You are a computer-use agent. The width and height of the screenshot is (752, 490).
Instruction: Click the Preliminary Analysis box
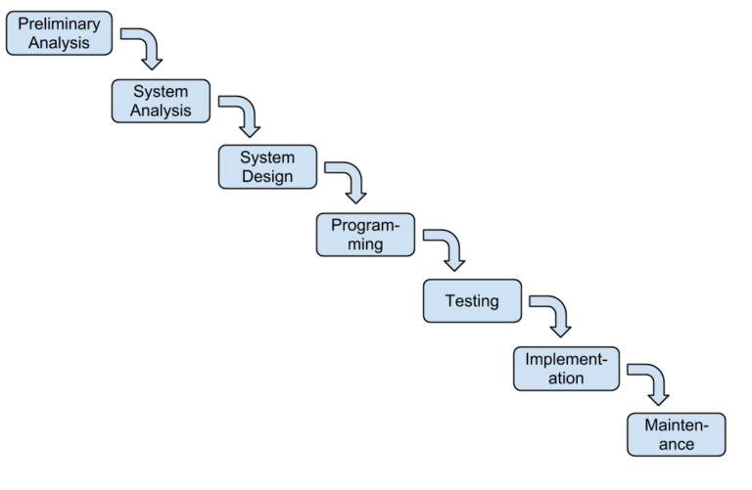click(x=59, y=33)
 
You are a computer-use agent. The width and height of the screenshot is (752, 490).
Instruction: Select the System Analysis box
click(x=161, y=101)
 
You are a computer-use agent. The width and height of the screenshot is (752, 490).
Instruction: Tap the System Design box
click(x=267, y=166)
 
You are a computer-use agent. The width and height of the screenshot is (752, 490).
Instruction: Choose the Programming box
click(x=365, y=234)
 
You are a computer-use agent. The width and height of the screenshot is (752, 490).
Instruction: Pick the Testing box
click(x=472, y=300)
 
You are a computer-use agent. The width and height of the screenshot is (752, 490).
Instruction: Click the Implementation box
click(x=566, y=368)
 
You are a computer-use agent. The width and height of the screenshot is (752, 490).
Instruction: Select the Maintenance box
click(x=676, y=434)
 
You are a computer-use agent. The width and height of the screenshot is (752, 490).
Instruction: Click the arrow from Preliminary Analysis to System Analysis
click(x=145, y=48)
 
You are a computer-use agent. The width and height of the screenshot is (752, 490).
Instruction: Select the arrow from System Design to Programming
click(x=349, y=181)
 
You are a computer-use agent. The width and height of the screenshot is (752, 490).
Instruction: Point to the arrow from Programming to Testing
click(x=447, y=248)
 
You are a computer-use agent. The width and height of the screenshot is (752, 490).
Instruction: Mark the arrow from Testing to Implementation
click(x=553, y=316)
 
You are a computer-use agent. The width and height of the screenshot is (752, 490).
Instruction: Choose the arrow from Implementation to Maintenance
click(x=652, y=382)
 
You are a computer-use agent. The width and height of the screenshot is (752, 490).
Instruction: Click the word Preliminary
click(x=59, y=23)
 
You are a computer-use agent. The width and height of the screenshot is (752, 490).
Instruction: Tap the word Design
click(x=267, y=177)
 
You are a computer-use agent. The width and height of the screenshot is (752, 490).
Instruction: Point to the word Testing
click(x=472, y=300)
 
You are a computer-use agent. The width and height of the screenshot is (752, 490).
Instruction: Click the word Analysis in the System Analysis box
click(x=161, y=111)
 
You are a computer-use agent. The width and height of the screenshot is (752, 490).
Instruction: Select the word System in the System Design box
click(x=267, y=156)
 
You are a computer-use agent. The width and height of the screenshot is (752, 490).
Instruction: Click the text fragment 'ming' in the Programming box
click(x=365, y=245)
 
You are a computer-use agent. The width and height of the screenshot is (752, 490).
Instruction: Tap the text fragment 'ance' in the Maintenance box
click(x=676, y=445)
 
